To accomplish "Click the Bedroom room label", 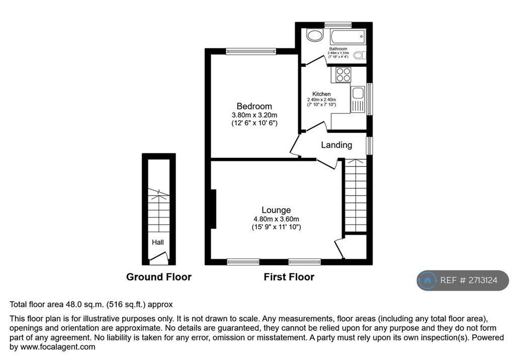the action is tap(254, 107).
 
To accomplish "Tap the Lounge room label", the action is tap(276, 210).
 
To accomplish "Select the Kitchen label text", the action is tap(321, 94).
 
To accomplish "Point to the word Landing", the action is tap(336, 145).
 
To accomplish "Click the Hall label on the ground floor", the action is tap(157, 242).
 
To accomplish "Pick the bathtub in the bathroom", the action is tap(348, 37).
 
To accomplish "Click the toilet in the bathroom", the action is tap(360, 55).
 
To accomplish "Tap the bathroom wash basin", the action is tap(315, 35).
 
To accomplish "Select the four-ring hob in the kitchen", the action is tap(343, 74).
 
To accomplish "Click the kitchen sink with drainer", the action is tap(358, 99).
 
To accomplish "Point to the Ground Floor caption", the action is tap(158, 277).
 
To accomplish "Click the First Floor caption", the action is tap(289, 277).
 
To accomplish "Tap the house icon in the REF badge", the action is tap(427, 280).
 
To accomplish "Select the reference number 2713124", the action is tap(483, 280).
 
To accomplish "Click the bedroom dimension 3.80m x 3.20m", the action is tap(254, 115).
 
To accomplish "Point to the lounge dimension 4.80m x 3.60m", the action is tap(276, 219).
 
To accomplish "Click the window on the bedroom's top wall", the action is tap(251, 51).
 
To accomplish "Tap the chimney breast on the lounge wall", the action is tap(213, 209).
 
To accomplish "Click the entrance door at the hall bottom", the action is tap(159, 258).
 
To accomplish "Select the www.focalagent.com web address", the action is tap(58, 347).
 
